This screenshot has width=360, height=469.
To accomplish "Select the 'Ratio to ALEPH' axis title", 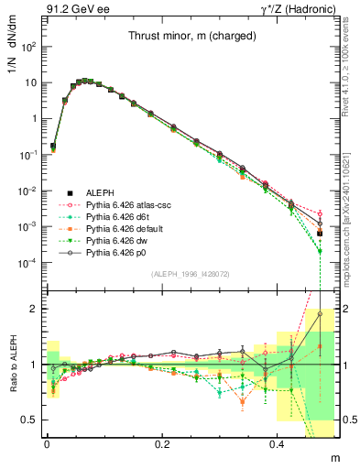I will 12,363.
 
